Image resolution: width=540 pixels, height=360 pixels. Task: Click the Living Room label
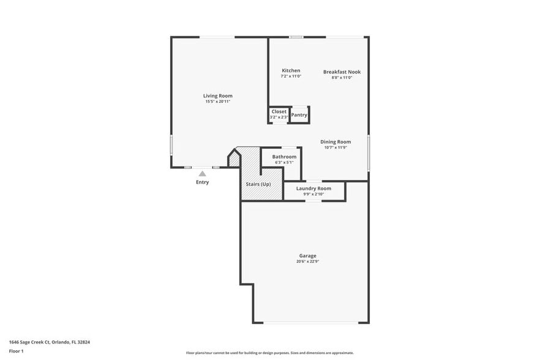pos(217,96)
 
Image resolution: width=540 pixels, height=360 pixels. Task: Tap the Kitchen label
pos(291,70)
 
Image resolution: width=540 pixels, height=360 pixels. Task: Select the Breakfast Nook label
pos(342,72)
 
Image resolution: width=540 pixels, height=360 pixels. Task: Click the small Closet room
pos(279,114)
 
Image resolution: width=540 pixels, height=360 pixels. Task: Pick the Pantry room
pos(299,114)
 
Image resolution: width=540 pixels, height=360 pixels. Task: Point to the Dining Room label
pos(336,141)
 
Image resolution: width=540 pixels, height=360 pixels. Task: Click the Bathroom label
pos(284,157)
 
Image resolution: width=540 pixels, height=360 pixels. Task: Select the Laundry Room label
pos(313,189)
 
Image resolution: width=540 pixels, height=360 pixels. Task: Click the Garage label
pos(307,255)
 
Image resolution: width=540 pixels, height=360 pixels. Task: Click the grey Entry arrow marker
pos(202,174)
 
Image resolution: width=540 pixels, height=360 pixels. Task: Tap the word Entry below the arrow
pos(202,182)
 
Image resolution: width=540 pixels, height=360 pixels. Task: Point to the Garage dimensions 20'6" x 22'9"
pos(307,261)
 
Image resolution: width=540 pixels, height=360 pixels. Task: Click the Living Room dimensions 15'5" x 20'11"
pos(217,102)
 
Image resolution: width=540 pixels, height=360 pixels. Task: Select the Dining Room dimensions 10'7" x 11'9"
pos(336,148)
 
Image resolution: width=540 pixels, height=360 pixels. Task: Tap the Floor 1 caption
pos(16,351)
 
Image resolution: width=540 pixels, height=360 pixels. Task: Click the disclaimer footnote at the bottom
pos(269,353)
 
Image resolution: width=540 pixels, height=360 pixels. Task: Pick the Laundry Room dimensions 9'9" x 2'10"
pos(313,194)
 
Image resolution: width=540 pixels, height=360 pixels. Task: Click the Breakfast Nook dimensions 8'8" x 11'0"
pos(342,78)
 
